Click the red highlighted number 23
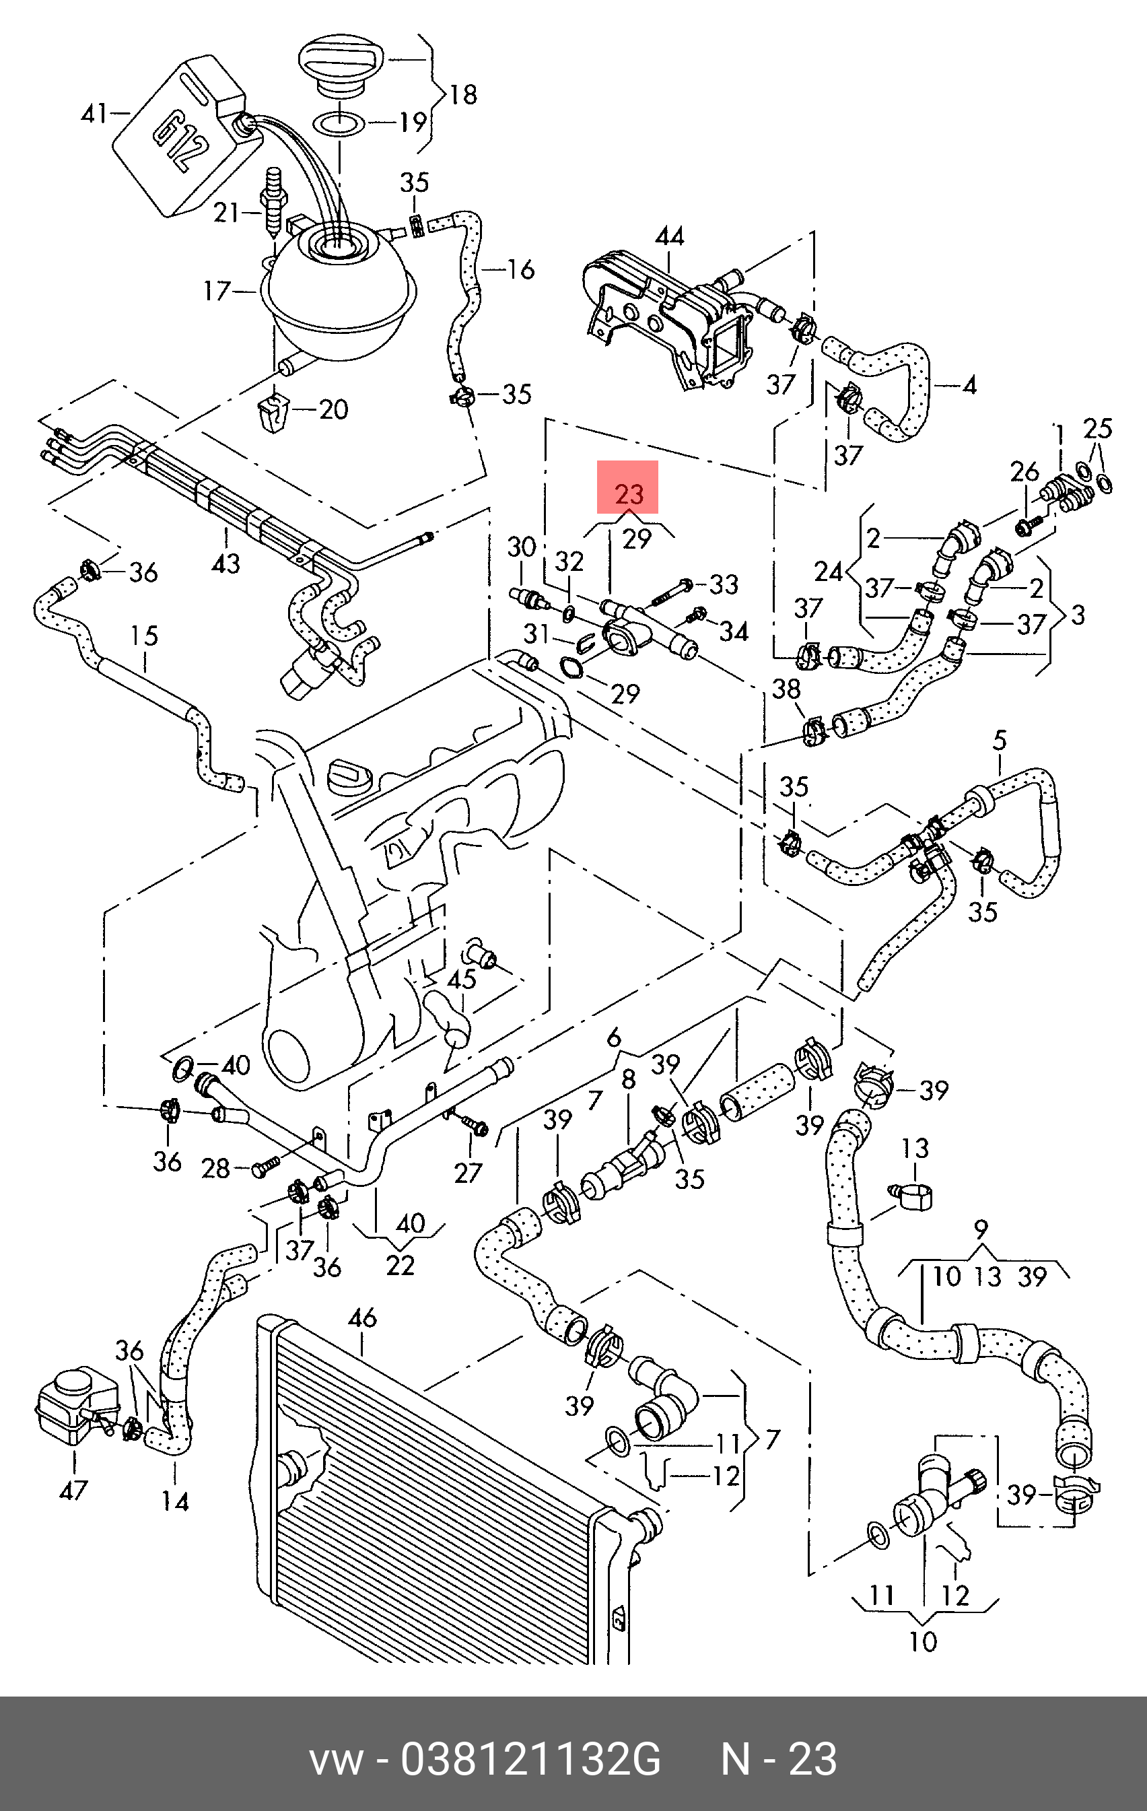tap(628, 493)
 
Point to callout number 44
tap(669, 237)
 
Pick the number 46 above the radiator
tap(363, 1318)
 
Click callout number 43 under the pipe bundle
tap(225, 563)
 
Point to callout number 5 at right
tap(999, 741)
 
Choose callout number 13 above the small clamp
tap(915, 1149)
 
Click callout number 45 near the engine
tap(461, 978)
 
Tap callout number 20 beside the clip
tap(333, 409)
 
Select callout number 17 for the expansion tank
tap(217, 290)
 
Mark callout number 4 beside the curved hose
tap(969, 386)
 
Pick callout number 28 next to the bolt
tap(216, 1168)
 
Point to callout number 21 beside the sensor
tap(226, 213)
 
